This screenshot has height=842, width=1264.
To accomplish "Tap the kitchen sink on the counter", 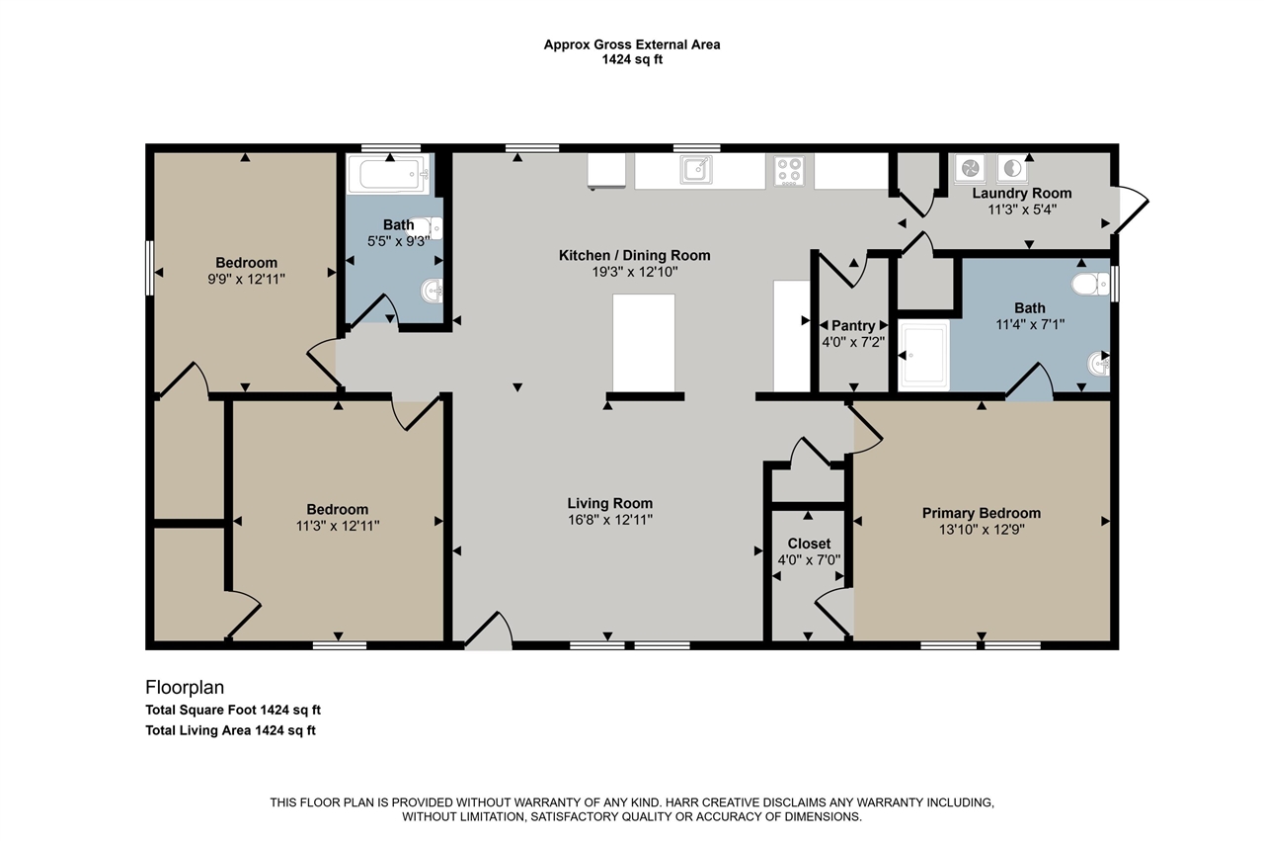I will point(697,170).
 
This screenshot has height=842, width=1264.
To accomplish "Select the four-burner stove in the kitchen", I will point(788,170).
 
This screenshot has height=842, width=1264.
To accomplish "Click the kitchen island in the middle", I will point(644,342).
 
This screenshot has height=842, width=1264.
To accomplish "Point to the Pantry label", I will point(853,325).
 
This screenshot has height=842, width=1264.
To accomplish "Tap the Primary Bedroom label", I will point(981,513).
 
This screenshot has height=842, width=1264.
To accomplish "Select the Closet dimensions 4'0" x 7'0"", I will point(808,560).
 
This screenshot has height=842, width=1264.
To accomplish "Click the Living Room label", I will point(609,503).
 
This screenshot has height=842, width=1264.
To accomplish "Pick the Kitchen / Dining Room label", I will point(634,255).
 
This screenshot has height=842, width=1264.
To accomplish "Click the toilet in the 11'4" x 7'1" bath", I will point(1089,286).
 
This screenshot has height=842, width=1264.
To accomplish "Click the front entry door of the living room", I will point(488,632).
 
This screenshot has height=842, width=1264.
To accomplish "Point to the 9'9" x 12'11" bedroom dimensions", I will point(247,279).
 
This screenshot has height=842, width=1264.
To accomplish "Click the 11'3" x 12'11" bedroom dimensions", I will point(337,526).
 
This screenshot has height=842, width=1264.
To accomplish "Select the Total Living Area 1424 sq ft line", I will point(230,730).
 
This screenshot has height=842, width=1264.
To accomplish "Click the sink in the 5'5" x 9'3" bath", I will point(432,291).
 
